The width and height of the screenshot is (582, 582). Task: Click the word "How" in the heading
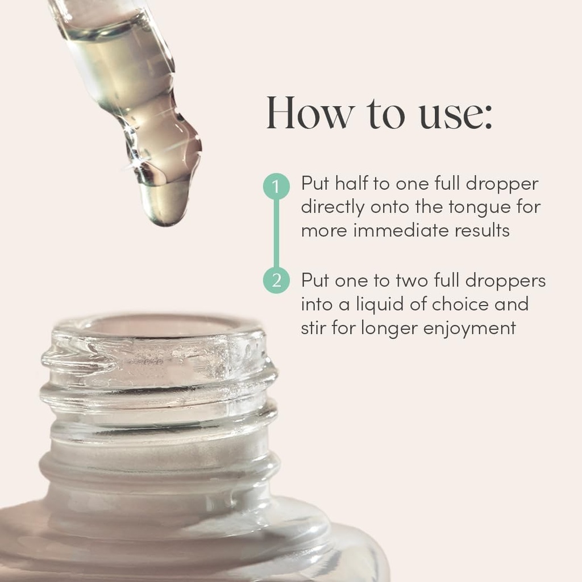[310, 113]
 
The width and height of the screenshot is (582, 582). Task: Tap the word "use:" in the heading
[456, 117]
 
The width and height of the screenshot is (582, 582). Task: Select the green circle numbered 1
[276, 186]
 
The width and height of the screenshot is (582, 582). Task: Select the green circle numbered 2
[276, 280]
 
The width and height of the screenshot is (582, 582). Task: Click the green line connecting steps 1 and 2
[276, 233]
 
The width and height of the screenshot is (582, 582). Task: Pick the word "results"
[482, 231]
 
